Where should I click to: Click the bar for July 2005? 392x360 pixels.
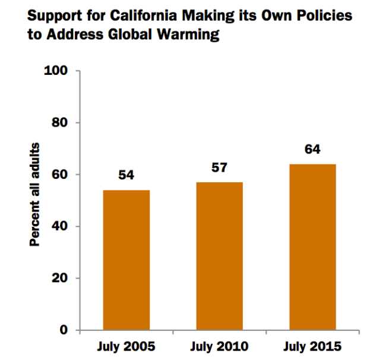click(x=127, y=260)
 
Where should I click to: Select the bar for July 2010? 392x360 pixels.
click(x=219, y=255)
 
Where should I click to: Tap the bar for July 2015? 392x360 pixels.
click(x=312, y=247)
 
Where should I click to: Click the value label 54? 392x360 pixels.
click(x=127, y=176)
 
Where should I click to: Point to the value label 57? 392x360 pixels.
click(x=219, y=168)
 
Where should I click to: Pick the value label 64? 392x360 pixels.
click(x=312, y=150)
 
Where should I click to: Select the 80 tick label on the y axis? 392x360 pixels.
click(x=59, y=123)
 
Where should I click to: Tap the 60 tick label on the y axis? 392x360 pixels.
click(x=59, y=175)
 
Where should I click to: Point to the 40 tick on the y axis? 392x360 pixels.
click(x=59, y=226)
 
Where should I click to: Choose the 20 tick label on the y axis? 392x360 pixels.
click(x=59, y=278)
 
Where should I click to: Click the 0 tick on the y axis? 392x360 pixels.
click(x=62, y=330)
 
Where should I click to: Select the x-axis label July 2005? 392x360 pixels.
click(x=127, y=346)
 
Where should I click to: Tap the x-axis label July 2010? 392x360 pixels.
click(x=219, y=346)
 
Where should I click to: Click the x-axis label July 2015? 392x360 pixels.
click(x=312, y=346)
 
